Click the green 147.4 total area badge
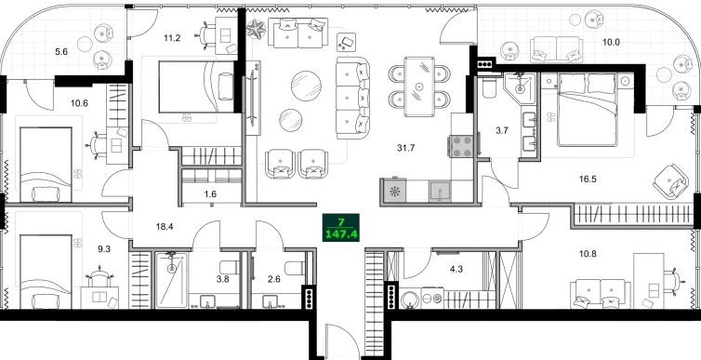[342, 228]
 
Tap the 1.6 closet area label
[209, 194]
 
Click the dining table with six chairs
[420, 86]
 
